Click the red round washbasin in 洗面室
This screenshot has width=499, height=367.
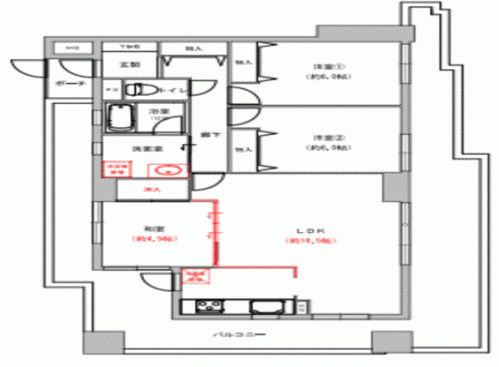(x=164, y=172)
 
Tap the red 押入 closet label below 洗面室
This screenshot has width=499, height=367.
(x=150, y=191)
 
